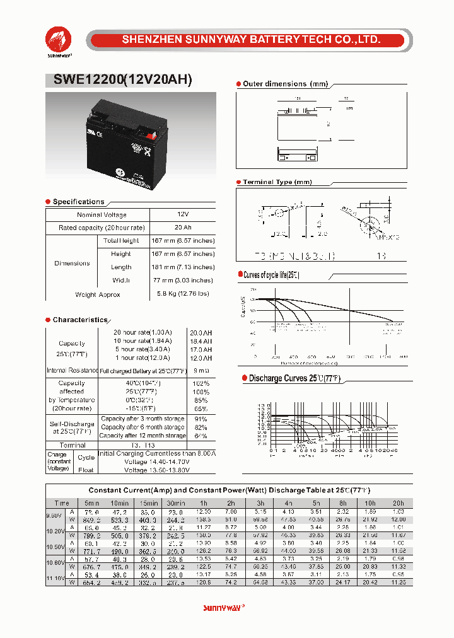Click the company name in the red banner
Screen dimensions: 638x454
(x=251, y=40)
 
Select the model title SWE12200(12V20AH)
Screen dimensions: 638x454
(x=119, y=80)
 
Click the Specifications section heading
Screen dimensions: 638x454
(x=78, y=202)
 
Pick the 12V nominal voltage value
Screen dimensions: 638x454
(x=183, y=215)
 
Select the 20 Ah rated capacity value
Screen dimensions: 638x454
(x=183, y=228)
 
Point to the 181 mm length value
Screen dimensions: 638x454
(x=183, y=267)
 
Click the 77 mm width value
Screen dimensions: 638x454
(x=183, y=281)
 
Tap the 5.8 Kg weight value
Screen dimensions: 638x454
(x=183, y=294)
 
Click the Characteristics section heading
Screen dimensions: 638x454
(x=80, y=320)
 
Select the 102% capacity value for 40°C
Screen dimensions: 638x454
(x=201, y=383)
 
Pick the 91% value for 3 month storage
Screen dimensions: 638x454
(x=201, y=419)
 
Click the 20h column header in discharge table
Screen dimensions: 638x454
(x=398, y=503)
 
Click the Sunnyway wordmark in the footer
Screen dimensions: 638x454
(x=224, y=608)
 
